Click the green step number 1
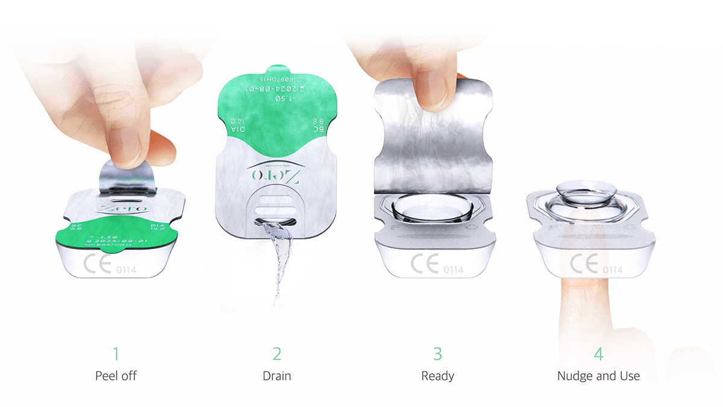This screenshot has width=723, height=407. point(116,353)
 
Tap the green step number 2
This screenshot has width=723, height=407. point(277,353)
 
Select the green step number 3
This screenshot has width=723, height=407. point(437,353)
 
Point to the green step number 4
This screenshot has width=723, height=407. point(598,353)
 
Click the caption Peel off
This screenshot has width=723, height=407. point(116,376)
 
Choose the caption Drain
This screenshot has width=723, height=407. point(277,376)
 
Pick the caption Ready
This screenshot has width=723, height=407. point(437,376)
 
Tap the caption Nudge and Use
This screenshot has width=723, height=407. point(598,376)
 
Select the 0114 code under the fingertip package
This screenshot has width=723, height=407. point(612,270)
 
